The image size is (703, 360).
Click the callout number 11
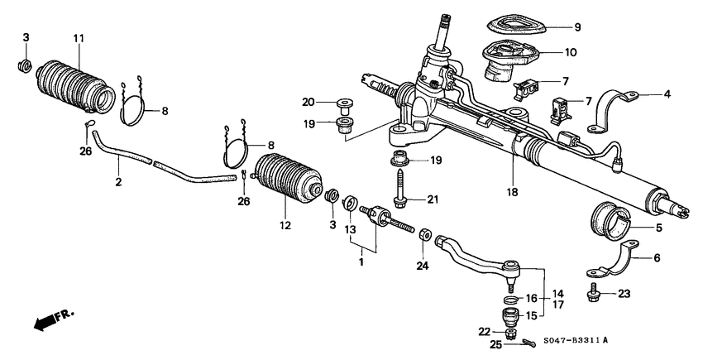pos(79,39)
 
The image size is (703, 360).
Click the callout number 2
pos(117,181)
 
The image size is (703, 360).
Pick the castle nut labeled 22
pos(509,333)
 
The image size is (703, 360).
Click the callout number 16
pos(532,298)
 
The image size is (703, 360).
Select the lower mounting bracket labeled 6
pos(613,266)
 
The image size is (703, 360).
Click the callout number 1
pos(360,262)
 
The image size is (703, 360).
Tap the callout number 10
pos(571,52)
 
